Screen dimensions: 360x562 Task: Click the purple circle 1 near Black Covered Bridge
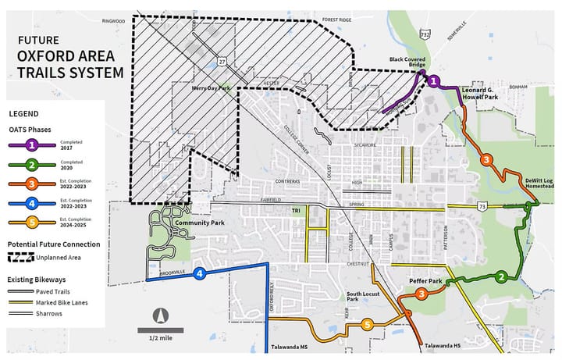click(x=434, y=80)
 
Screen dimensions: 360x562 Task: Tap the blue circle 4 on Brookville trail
click(x=200, y=273)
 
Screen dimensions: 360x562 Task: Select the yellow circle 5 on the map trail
click(x=367, y=325)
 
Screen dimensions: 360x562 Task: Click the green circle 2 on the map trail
click(x=501, y=276)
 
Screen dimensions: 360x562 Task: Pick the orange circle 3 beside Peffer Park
click(x=421, y=294)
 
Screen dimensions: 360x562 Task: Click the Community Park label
click(x=194, y=223)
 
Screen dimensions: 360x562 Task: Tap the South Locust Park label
click(x=363, y=297)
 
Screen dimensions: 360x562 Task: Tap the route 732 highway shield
click(x=424, y=34)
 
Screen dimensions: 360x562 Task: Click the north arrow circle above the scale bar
click(x=160, y=315)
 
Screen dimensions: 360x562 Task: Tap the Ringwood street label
click(x=113, y=21)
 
